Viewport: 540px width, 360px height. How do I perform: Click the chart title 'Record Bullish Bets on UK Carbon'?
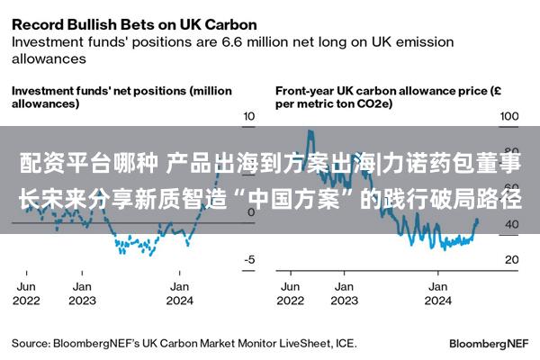pos(134,25)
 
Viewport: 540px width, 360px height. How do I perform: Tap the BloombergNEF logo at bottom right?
pos(489,344)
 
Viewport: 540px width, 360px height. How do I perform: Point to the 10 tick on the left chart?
pos(249,116)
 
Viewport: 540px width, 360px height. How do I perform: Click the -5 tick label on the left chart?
pos(249,259)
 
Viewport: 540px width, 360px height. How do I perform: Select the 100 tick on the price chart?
pos(509,116)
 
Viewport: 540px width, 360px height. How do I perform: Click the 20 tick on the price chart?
pos(512,259)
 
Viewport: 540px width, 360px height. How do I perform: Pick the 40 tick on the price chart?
pos(512,224)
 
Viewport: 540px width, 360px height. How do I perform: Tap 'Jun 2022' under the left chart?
pos(26,293)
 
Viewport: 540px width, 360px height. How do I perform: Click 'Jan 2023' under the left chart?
pos(82,293)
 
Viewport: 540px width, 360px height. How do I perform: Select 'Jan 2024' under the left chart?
pos(179,293)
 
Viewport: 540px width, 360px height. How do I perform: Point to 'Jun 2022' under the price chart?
pos(291,293)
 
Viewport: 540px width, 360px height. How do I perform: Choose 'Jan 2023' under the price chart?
pos(344,293)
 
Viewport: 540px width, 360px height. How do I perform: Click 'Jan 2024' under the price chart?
pos(437,293)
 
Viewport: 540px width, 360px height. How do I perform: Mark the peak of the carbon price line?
pos(310,130)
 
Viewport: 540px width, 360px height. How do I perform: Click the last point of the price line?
pos(477,219)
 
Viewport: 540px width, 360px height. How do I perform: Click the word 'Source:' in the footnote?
pos(31,344)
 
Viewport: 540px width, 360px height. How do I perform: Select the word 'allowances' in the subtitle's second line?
pos(49,58)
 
